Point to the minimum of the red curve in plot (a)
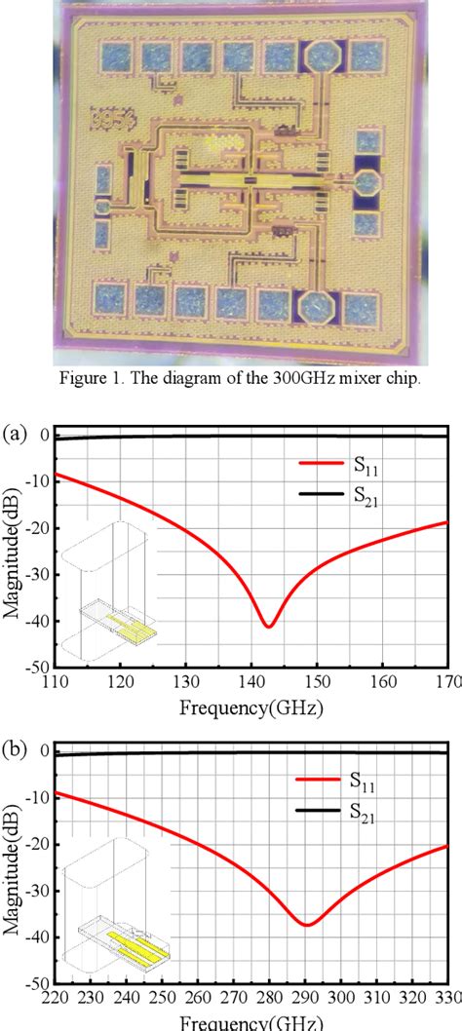point(268,626)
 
